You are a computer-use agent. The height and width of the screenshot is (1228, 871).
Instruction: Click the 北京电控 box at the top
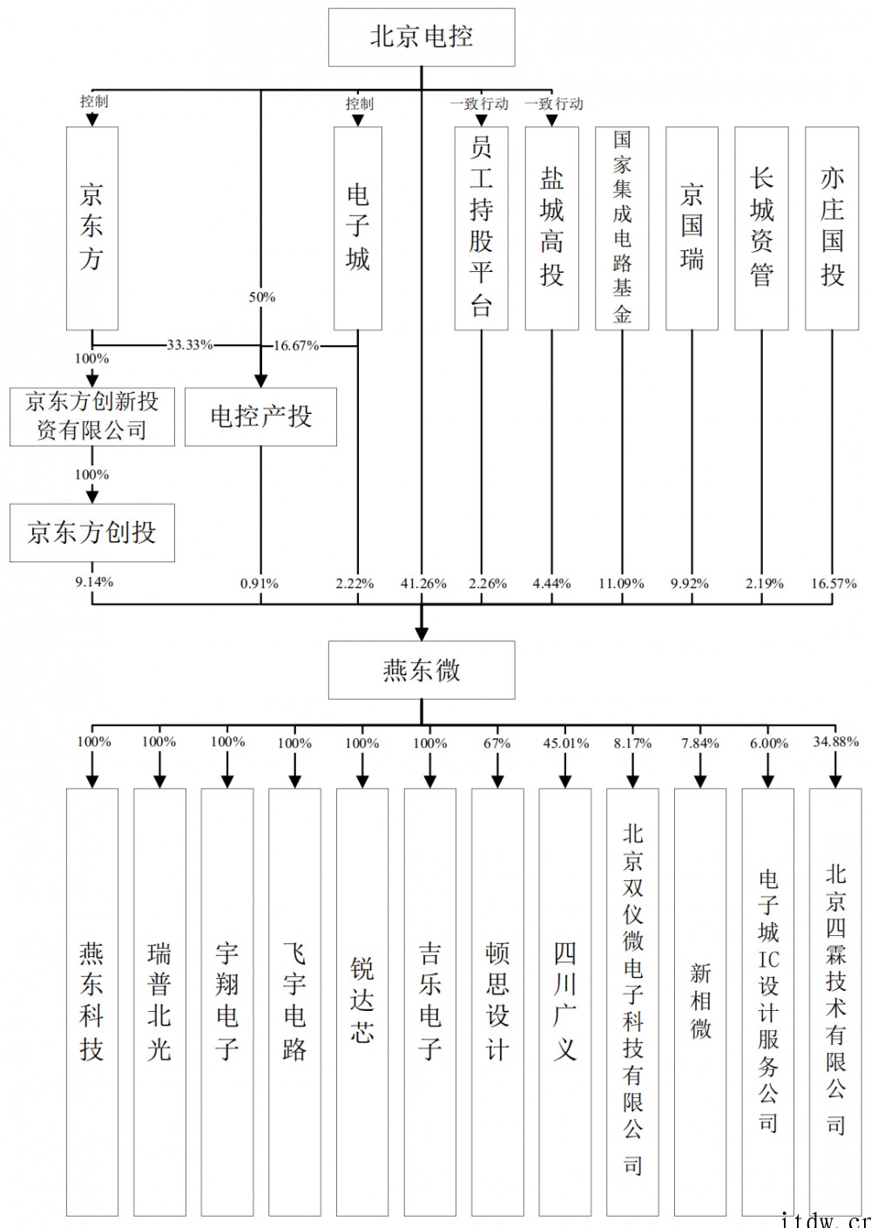[x=422, y=37]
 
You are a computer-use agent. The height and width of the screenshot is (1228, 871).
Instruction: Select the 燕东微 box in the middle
[x=422, y=670]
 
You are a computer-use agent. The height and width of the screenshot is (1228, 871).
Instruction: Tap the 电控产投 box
[x=260, y=417]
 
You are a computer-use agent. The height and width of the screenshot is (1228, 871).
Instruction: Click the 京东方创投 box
[x=92, y=533]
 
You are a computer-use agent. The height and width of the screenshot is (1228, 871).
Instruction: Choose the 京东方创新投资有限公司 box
[x=92, y=417]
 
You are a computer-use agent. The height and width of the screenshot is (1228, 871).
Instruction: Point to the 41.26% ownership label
[x=423, y=584]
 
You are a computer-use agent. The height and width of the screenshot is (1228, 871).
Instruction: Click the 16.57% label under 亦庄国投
[x=834, y=584]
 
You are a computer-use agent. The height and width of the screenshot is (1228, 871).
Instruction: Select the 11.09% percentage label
[x=621, y=584]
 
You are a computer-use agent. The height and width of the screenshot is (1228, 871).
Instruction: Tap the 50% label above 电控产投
[x=262, y=297]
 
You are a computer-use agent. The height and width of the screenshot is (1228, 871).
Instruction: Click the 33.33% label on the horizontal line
[x=190, y=345]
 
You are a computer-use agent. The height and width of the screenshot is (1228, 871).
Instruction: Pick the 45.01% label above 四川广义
[x=566, y=743]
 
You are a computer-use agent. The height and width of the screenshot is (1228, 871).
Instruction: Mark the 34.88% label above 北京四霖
[x=836, y=742]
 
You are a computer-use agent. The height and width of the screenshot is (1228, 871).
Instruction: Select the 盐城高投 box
[x=551, y=228]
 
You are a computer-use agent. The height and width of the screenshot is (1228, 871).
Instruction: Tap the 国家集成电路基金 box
[x=622, y=228]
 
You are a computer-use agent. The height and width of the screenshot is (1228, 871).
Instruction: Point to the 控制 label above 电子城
[x=360, y=103]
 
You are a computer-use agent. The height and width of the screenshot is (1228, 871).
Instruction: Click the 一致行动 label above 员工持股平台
[x=479, y=103]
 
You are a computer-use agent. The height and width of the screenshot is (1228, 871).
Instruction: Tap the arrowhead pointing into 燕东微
[x=422, y=634]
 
